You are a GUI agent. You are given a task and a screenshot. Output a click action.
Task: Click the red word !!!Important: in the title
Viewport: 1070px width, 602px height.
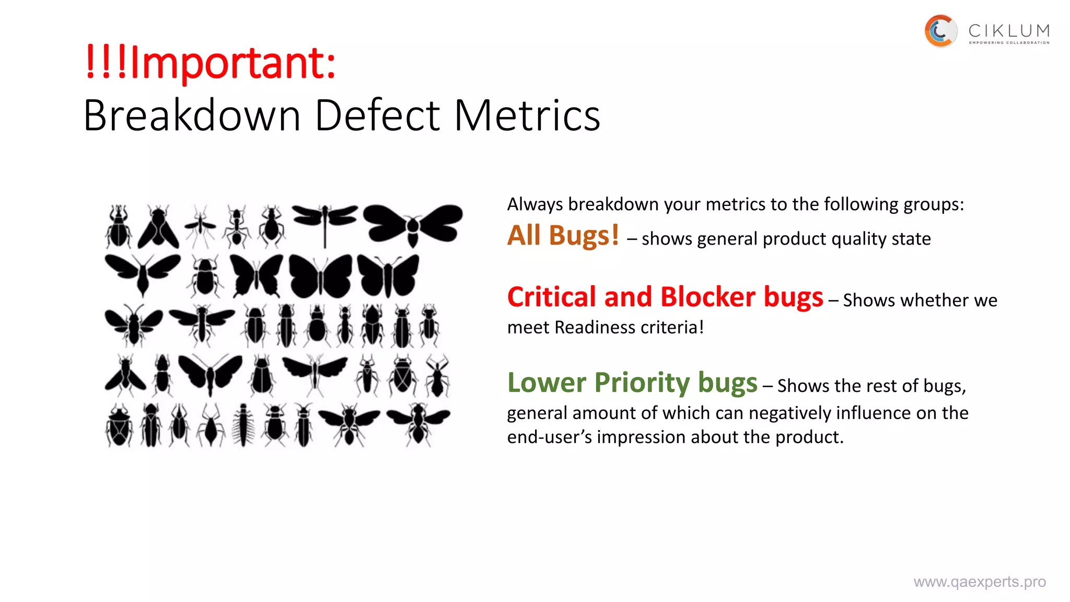tap(210, 63)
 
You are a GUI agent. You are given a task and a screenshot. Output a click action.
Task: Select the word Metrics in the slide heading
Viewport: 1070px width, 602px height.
tap(527, 115)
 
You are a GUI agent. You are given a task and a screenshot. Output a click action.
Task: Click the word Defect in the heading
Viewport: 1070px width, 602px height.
tap(378, 115)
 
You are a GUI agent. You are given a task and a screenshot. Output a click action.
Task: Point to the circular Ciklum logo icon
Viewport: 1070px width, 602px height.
tap(940, 31)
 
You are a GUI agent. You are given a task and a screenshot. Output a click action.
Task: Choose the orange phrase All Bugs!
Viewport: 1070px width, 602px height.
tap(563, 236)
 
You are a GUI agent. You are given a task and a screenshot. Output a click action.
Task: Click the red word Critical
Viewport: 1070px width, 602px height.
tap(552, 297)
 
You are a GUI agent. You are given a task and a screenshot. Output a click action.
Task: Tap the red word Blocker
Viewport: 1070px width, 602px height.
tap(707, 297)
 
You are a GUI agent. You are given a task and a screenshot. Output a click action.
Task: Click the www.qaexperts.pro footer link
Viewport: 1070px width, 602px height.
tap(980, 582)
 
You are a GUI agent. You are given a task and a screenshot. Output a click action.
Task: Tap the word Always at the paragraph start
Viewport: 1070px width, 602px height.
tap(535, 204)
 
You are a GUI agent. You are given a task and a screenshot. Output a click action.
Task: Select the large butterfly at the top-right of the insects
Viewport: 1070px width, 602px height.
tap(413, 224)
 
